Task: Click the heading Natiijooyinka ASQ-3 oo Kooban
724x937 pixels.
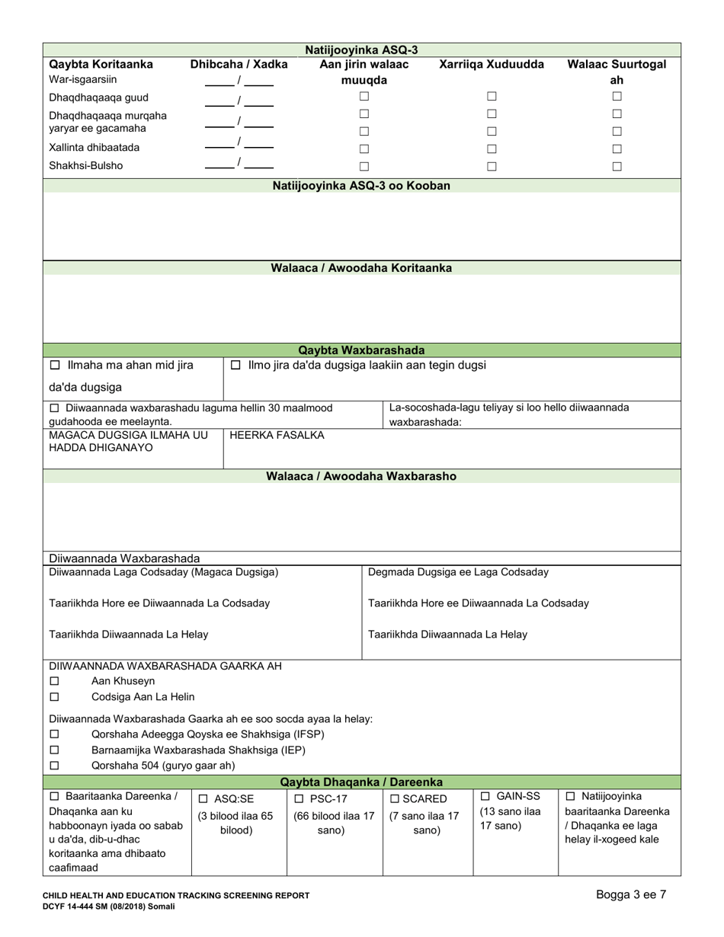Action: point(361,186)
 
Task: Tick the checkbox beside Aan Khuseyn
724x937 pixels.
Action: point(54,681)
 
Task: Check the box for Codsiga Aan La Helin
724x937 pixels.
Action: point(54,697)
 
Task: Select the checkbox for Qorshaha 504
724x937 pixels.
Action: point(54,766)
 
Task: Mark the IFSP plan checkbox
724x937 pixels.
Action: point(54,734)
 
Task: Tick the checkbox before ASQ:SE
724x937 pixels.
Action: point(203,799)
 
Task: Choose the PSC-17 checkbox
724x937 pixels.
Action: point(299,798)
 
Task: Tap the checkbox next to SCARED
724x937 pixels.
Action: point(394,799)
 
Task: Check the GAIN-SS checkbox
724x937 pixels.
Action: point(485,796)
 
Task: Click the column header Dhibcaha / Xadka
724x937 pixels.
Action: point(239,65)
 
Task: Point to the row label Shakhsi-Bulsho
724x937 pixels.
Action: point(85,165)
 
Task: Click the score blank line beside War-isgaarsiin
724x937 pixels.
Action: point(219,84)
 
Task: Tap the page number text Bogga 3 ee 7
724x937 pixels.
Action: point(631,894)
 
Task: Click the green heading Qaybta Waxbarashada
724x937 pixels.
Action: point(361,350)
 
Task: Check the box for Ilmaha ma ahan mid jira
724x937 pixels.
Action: point(54,366)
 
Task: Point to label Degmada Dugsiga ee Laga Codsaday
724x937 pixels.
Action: point(458,572)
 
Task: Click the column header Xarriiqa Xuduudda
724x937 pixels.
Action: point(492,65)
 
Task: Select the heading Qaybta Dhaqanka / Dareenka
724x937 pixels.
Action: point(361,782)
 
